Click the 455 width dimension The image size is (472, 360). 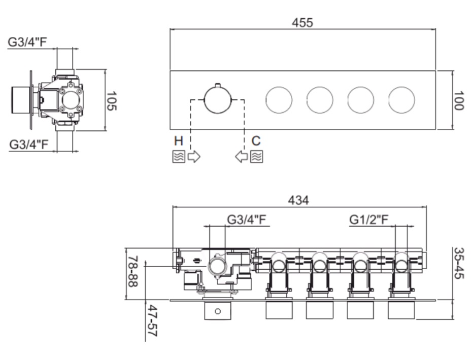click(x=302, y=22)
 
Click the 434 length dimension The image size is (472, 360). click(x=298, y=200)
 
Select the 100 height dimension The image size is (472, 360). click(x=458, y=101)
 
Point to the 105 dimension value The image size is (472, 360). click(x=112, y=101)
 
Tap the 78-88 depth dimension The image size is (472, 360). click(x=133, y=271)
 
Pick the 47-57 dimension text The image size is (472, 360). click(x=152, y=320)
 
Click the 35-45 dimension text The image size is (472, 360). click(x=459, y=263)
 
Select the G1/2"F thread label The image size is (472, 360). click(x=369, y=220)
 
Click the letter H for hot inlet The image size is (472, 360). click(x=179, y=141)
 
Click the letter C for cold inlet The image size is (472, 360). click(x=256, y=141)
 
